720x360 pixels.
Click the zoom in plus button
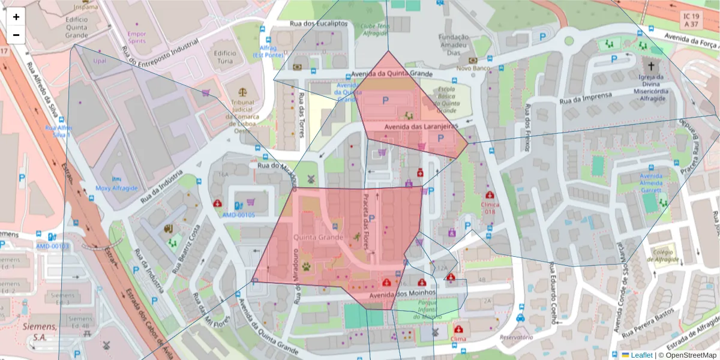pyautogui.click(x=16, y=17)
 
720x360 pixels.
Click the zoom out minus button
pyautogui.click(x=16, y=35)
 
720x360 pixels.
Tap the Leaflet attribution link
pyautogui.click(x=641, y=355)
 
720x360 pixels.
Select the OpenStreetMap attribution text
pyautogui.click(x=688, y=355)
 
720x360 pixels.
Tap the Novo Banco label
pyautogui.click(x=473, y=68)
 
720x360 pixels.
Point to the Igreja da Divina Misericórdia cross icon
pyautogui.click(x=650, y=65)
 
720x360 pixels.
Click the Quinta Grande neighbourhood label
pyautogui.click(x=318, y=238)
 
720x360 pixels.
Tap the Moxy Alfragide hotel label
pyautogui.click(x=116, y=188)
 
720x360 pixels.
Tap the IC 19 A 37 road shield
pyautogui.click(x=690, y=20)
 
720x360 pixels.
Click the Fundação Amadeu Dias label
pyautogui.click(x=454, y=45)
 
